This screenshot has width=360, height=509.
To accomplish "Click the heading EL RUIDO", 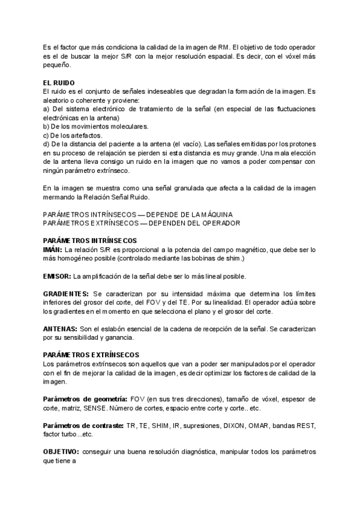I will coord(59,83).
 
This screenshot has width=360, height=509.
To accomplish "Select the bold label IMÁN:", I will coord(53,249).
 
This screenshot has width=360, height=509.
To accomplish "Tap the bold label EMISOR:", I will coord(57,276).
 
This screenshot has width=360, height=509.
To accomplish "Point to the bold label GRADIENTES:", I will coord(65,294).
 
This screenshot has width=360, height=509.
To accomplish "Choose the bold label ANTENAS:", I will coord(60,330).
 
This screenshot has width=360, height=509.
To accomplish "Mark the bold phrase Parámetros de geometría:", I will coord(85,399).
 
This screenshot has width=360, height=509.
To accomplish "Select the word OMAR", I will coord(274,425).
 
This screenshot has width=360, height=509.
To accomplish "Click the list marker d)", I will coord(47,144).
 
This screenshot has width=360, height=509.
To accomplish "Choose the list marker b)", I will coord(47,127).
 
